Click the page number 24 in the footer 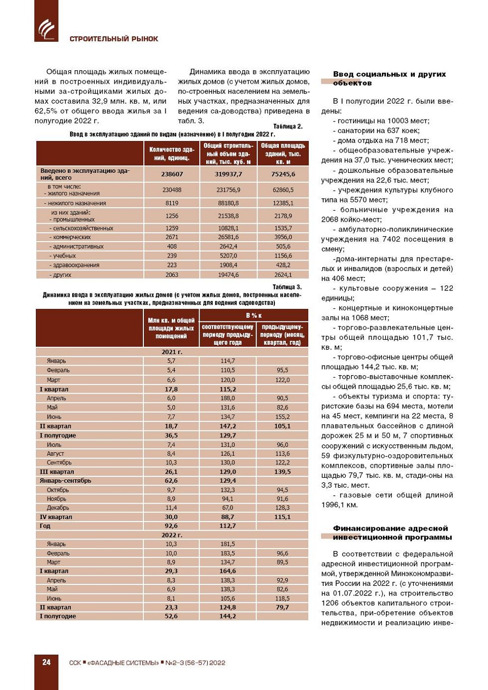[46, 662]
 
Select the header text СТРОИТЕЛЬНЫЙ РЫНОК [114, 39]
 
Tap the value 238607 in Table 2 [172, 174]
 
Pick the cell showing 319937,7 [228, 174]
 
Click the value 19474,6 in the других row [228, 275]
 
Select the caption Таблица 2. [288, 127]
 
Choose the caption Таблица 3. [287, 287]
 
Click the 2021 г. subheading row [172, 352]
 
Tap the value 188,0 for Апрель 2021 [228, 398]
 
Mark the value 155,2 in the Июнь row [282, 416]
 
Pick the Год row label [45, 526]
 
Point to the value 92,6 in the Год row [171, 526]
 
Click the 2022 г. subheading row [172, 535]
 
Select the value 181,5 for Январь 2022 [228, 544]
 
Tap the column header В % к [253, 315]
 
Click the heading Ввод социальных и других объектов [389, 78]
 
